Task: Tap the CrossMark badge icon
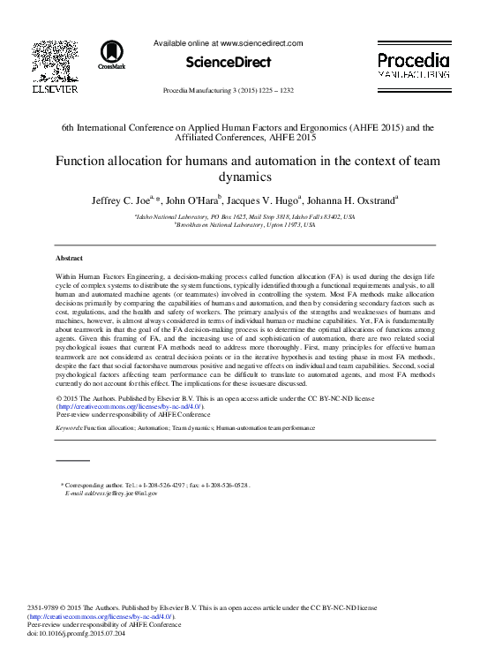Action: (112, 55)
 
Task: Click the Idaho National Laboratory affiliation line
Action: (239, 216)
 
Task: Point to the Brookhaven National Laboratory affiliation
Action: (239, 224)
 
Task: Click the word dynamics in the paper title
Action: (240, 176)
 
